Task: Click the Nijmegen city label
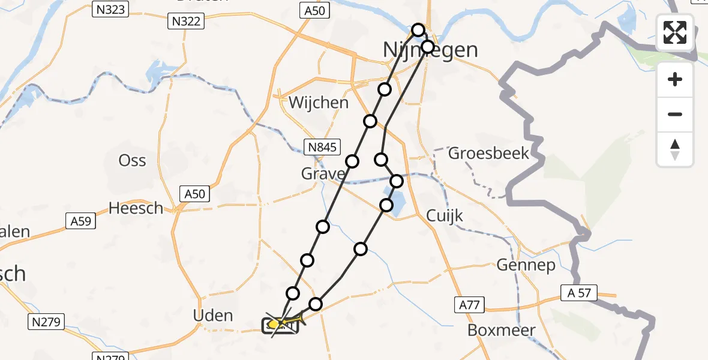pyautogui.click(x=430, y=50)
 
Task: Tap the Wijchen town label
pyautogui.click(x=318, y=103)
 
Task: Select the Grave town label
pyautogui.click(x=323, y=174)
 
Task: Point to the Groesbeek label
pyautogui.click(x=489, y=153)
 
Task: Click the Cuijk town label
pyautogui.click(x=445, y=215)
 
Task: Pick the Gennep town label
pyautogui.click(x=526, y=265)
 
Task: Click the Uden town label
pyautogui.click(x=213, y=315)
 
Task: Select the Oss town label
pyautogui.click(x=132, y=161)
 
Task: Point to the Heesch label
pyautogui.click(x=136, y=208)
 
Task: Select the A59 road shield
pyautogui.click(x=80, y=221)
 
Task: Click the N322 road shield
pyautogui.click(x=187, y=22)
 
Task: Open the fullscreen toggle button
pyautogui.click(x=675, y=32)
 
